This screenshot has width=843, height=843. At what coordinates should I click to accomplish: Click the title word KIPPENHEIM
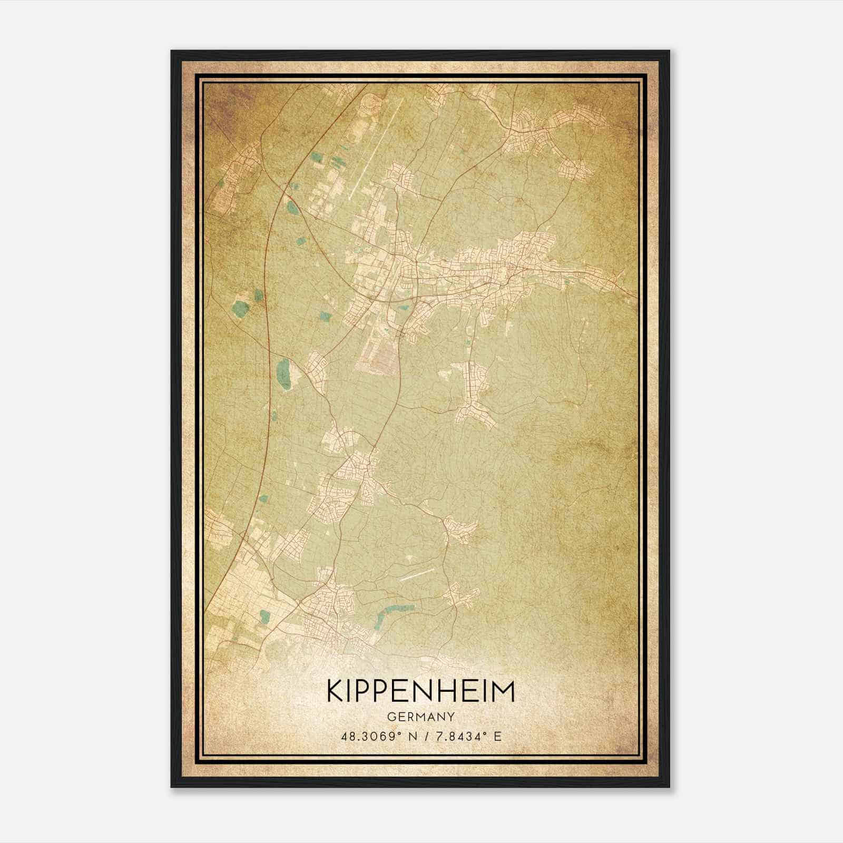pyautogui.click(x=420, y=691)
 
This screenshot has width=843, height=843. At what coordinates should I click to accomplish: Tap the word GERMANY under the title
pyautogui.click(x=420, y=717)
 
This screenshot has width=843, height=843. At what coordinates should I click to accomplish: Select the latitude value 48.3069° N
pyautogui.click(x=376, y=736)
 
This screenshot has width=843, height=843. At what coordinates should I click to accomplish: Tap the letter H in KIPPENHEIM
pyautogui.click(x=457, y=691)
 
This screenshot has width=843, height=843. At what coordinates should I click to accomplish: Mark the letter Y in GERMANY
pyautogui.click(x=451, y=717)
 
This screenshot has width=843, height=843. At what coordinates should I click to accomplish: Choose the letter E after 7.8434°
pyautogui.click(x=497, y=736)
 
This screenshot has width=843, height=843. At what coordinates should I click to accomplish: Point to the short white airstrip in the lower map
pyautogui.click(x=417, y=574)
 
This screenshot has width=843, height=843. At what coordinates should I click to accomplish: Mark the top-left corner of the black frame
pyautogui.click(x=172, y=51)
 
